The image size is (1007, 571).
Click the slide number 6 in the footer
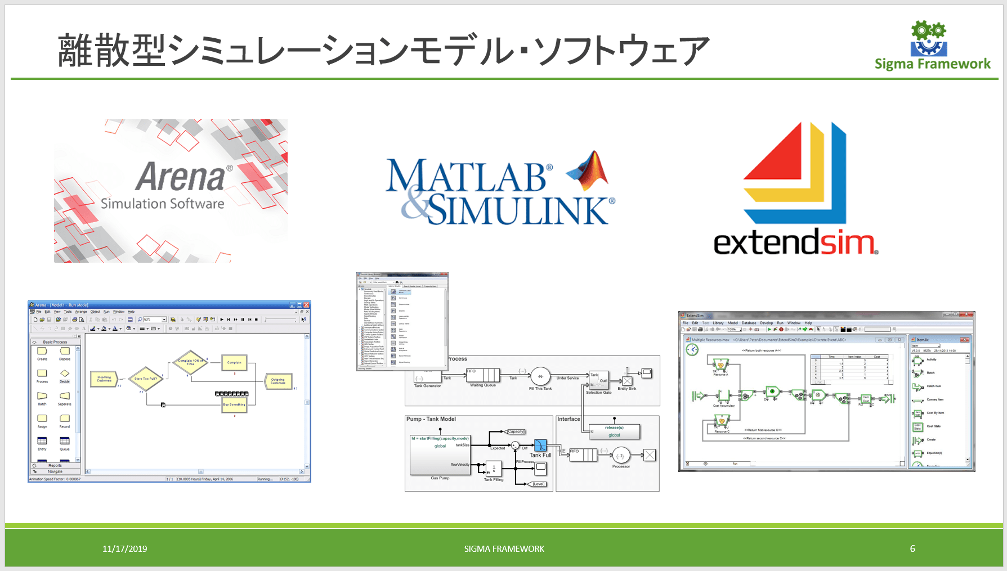coord(912,548)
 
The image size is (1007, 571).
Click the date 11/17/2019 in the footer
coord(124,548)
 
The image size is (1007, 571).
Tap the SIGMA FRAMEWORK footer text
coord(504,548)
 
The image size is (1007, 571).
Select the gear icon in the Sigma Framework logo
coord(928,31)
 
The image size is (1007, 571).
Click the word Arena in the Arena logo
coord(180,177)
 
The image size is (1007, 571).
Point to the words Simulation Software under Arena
coord(162,203)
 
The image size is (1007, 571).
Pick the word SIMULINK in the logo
coord(518,210)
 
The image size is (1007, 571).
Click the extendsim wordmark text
coord(794,243)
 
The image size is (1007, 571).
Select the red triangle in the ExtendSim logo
coord(776,154)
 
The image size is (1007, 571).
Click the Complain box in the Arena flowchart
coord(234,363)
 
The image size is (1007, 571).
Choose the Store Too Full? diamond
coord(146,379)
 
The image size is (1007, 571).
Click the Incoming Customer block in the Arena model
coord(104,379)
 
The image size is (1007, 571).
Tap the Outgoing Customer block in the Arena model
coord(278,381)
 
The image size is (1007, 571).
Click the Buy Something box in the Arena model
coord(234,404)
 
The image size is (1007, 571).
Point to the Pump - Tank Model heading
coord(431,419)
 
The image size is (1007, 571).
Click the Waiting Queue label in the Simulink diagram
coord(483,385)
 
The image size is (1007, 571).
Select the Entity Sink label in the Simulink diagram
coord(626,389)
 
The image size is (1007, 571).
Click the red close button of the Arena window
coord(307,305)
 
